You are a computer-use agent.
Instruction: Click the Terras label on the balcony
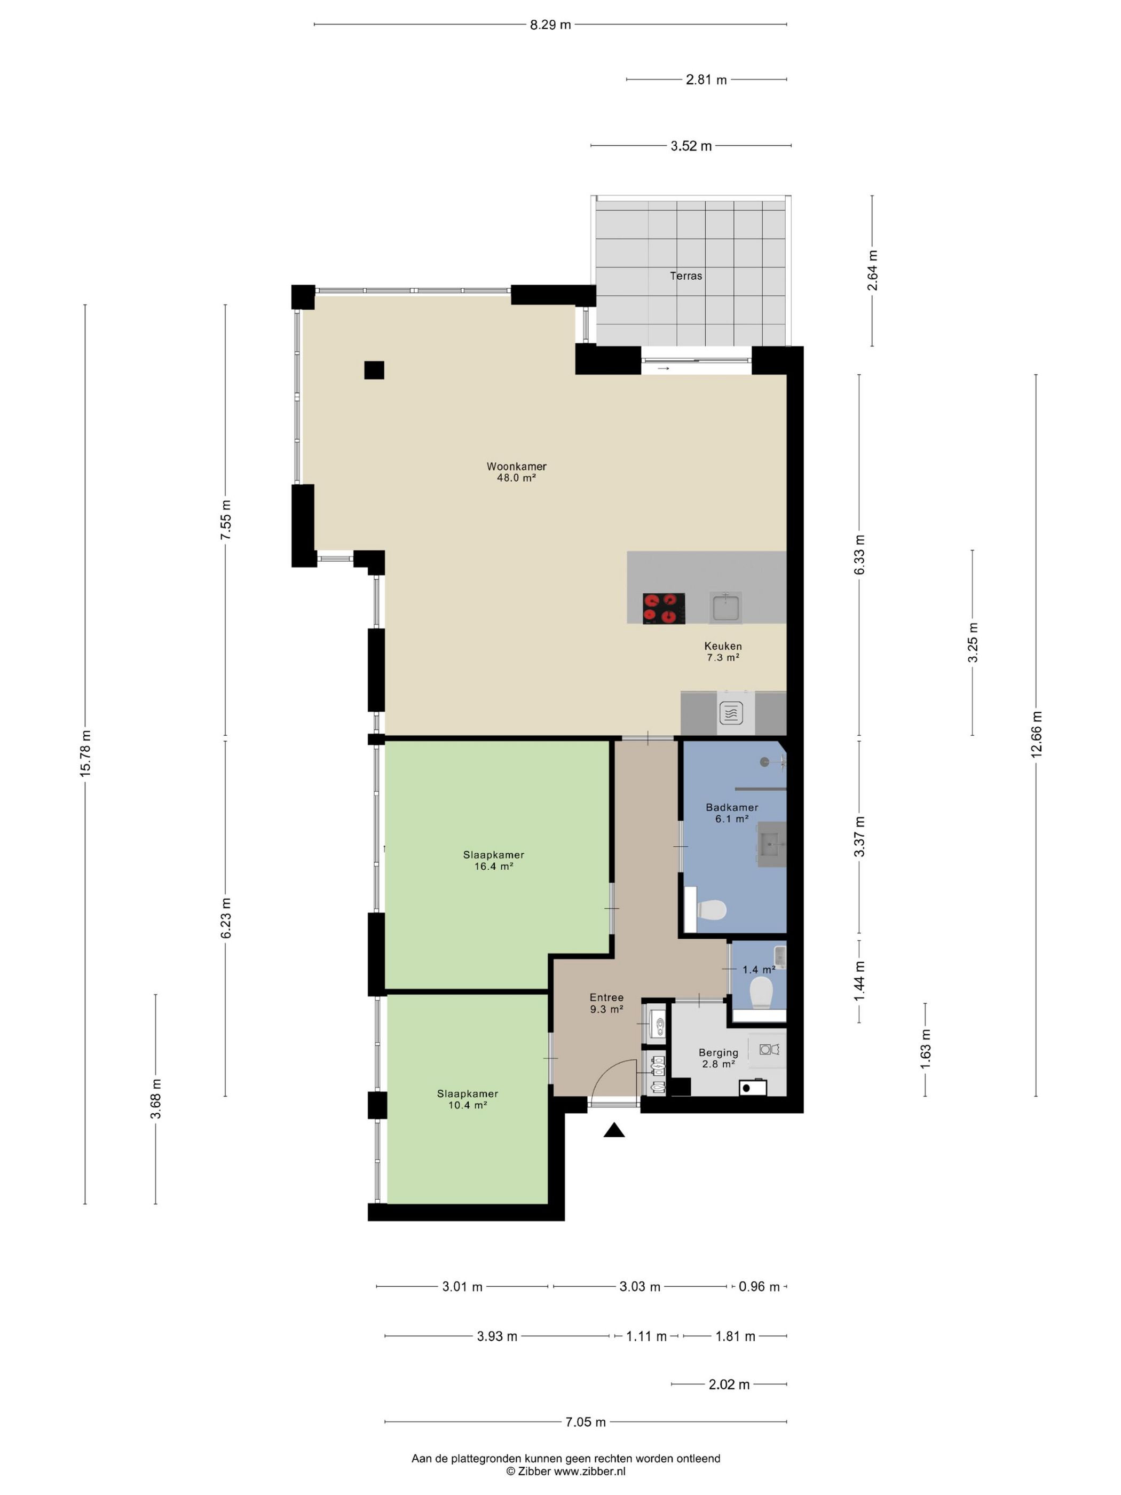pyautogui.click(x=686, y=276)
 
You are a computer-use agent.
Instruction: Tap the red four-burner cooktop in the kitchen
pyautogui.click(x=664, y=608)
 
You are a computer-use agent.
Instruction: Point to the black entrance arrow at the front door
pyautogui.click(x=613, y=1130)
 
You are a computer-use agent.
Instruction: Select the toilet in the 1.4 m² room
pyautogui.click(x=762, y=993)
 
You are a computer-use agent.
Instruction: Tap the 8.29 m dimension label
pyautogui.click(x=550, y=25)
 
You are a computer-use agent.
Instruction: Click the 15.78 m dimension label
pyautogui.click(x=85, y=753)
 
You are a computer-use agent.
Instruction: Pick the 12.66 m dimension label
pyautogui.click(x=1037, y=735)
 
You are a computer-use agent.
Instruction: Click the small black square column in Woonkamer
pyautogui.click(x=374, y=371)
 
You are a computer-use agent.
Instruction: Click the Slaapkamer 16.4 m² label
pyautogui.click(x=493, y=860)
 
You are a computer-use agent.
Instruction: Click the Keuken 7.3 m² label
pyautogui.click(x=723, y=651)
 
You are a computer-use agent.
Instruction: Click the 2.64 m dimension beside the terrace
pyautogui.click(x=872, y=270)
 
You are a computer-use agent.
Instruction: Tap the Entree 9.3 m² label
pyautogui.click(x=606, y=1003)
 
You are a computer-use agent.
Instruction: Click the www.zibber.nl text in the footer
pyautogui.click(x=590, y=1470)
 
